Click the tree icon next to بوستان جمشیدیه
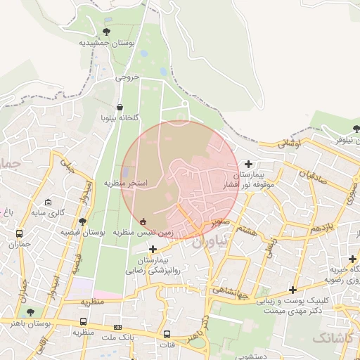[106, 32]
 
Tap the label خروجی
[127, 77]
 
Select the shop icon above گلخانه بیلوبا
[120, 108]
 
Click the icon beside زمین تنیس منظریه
[143, 221]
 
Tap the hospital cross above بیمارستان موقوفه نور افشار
[248, 164]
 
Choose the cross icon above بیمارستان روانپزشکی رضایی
[153, 249]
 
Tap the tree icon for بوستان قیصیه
[82, 221]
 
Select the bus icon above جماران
[19, 234]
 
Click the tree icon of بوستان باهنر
[29, 312]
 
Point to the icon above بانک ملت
[117, 326]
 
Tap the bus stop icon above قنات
[167, 334]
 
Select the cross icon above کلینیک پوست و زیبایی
[292, 289]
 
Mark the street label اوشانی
[289, 142]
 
